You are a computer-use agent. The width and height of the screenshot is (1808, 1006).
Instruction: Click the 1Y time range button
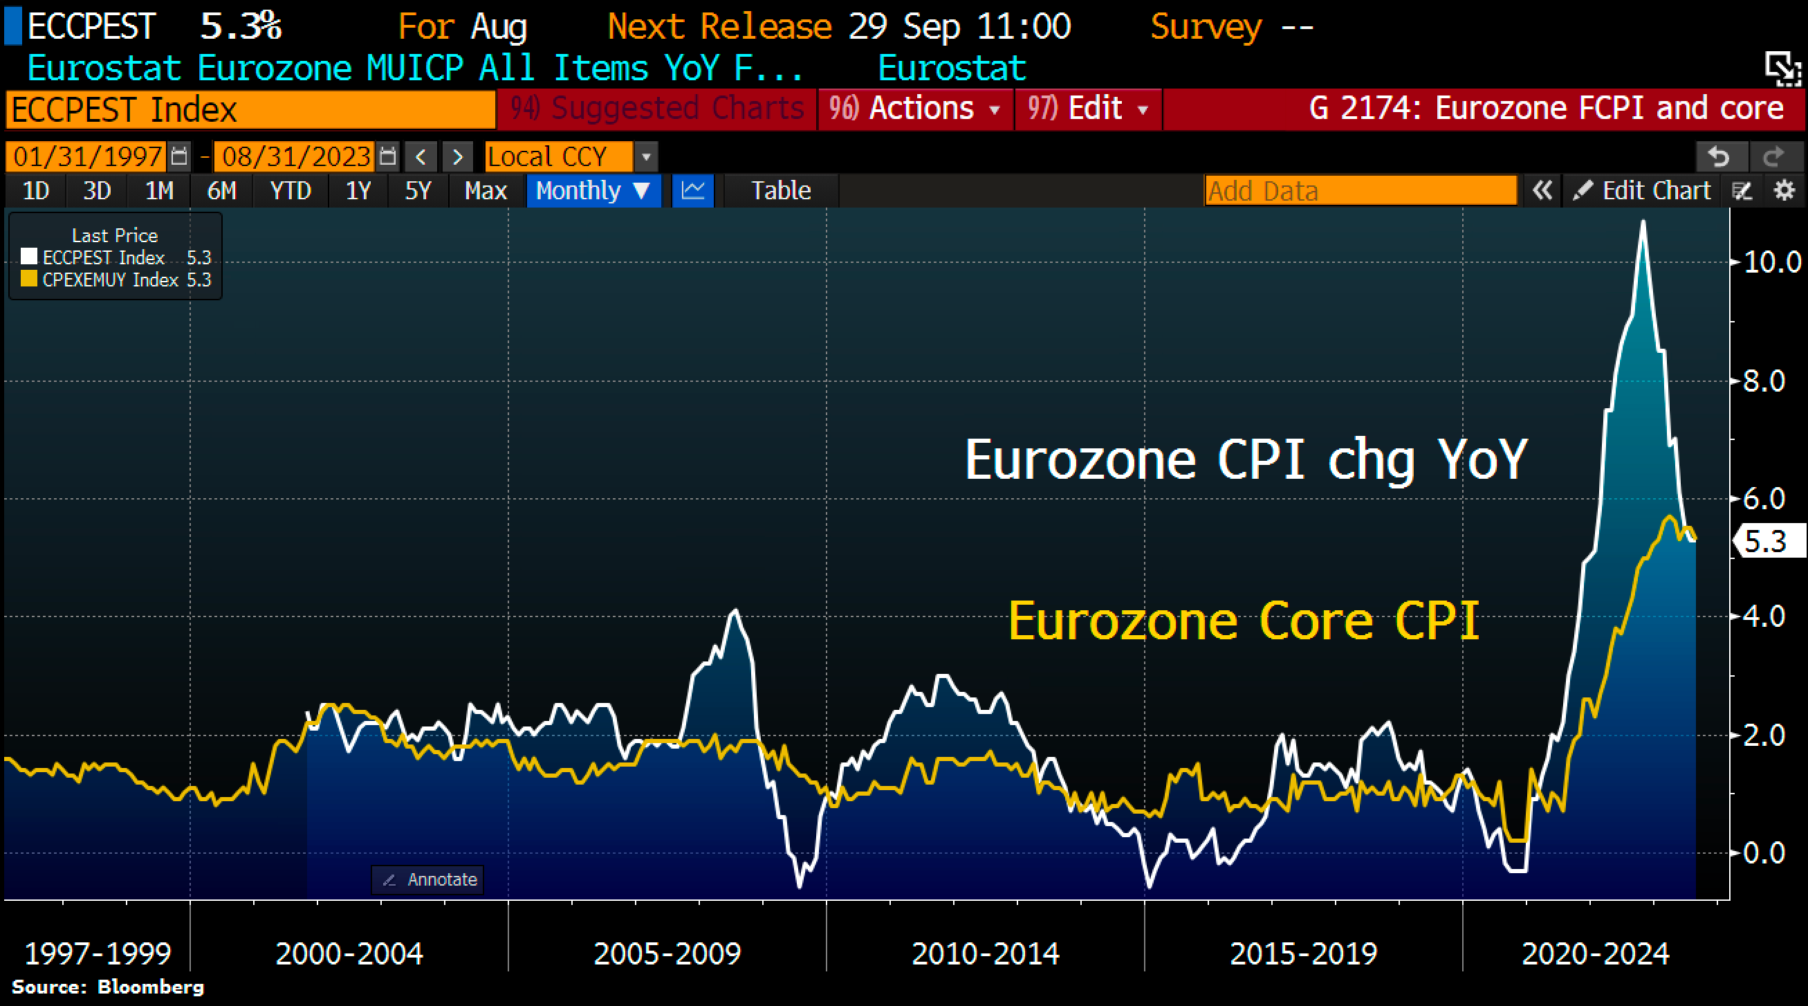pos(358,191)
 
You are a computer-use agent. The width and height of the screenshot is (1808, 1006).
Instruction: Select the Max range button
pos(486,191)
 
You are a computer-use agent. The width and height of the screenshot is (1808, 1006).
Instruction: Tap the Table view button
pos(780,191)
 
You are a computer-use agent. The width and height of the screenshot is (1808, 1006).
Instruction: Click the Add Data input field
pos(1360,191)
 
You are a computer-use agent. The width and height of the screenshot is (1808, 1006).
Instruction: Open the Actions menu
pos(915,109)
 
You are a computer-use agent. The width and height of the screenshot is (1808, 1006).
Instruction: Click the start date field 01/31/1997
pos(87,156)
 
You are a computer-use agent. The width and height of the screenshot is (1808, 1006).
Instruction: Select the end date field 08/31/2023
pos(295,156)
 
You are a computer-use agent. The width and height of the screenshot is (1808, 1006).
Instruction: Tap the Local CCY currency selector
pos(560,156)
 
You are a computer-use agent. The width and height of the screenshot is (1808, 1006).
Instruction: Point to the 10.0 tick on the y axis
pos(1771,262)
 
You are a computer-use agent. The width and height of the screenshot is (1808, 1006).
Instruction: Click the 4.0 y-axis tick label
pos(1763,616)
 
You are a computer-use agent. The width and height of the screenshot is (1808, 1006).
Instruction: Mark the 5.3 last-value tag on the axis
pos(1766,541)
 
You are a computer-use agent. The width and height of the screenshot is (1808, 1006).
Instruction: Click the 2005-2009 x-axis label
pos(667,953)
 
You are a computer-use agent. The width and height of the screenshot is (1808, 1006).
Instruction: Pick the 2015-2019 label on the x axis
pos(1303,953)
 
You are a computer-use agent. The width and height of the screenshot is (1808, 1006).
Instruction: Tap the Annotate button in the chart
pos(428,879)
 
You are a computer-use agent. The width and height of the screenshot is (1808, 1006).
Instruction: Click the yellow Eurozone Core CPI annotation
pos(1244,621)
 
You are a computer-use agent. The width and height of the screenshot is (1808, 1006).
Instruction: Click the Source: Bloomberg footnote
pos(108,987)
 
